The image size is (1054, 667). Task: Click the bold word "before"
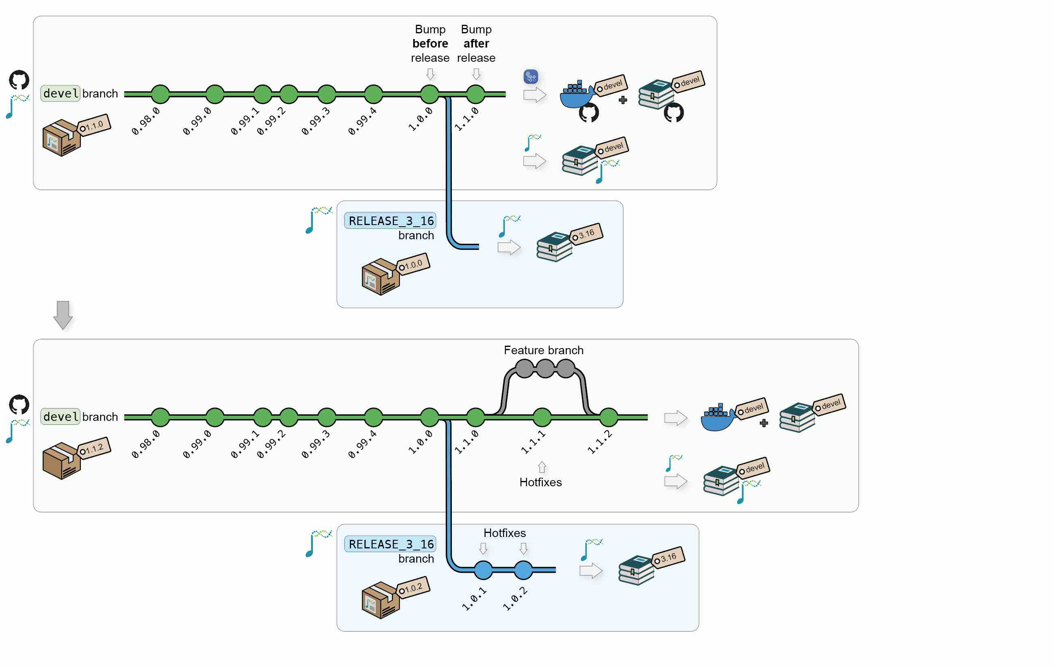coord(430,43)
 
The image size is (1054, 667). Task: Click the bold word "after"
coord(476,43)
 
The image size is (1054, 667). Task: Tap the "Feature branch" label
coord(543,350)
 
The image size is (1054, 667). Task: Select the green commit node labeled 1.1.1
coord(542,417)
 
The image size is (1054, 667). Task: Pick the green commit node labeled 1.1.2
coord(608,417)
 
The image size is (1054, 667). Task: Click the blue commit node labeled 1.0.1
coord(483,570)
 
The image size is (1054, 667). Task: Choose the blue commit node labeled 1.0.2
coord(523,570)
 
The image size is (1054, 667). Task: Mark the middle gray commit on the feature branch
coord(545,368)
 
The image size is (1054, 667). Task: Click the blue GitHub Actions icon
coord(531,77)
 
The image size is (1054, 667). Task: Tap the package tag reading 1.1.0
coord(94,126)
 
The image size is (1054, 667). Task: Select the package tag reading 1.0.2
coord(413,588)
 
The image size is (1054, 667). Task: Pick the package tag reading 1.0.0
coord(413,264)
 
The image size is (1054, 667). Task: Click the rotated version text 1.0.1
coord(474,598)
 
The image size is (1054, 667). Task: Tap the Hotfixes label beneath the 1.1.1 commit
coord(540,482)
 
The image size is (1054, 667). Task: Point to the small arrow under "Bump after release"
coord(476,74)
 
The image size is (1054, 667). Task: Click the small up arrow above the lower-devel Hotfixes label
coord(542,467)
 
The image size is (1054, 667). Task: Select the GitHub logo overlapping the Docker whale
coord(589,113)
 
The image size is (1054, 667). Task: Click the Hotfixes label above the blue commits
coord(504,533)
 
